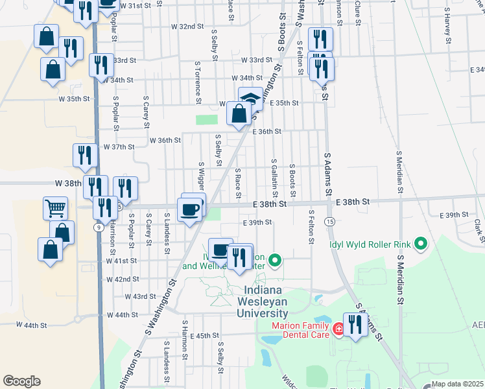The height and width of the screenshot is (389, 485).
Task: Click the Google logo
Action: click(21, 381)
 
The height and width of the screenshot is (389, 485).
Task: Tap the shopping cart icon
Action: click(55, 208)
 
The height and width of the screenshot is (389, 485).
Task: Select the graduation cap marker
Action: click(250, 99)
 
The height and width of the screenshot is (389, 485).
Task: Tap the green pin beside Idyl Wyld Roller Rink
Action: click(421, 244)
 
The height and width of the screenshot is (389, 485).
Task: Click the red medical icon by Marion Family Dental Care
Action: click(338, 331)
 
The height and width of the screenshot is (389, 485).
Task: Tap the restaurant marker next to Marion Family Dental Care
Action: click(355, 324)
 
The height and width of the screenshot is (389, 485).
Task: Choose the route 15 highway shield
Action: click(330, 222)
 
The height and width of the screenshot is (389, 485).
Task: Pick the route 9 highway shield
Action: click(98, 228)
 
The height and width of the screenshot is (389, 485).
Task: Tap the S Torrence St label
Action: click(198, 82)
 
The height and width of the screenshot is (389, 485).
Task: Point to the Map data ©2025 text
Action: click(457, 384)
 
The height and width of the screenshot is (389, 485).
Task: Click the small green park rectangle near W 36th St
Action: click(207, 119)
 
